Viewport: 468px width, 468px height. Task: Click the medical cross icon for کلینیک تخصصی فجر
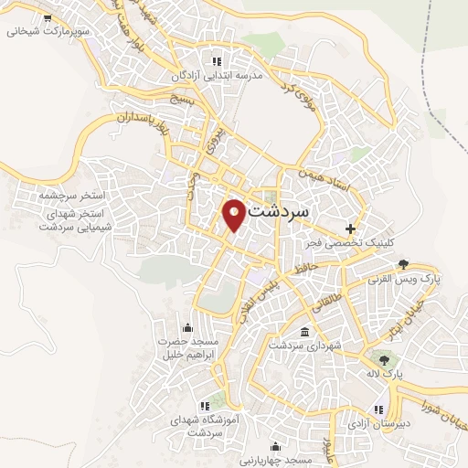[350, 228]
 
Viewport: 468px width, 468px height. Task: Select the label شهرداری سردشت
[303, 346]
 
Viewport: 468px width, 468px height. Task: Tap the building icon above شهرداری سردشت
[303, 332]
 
